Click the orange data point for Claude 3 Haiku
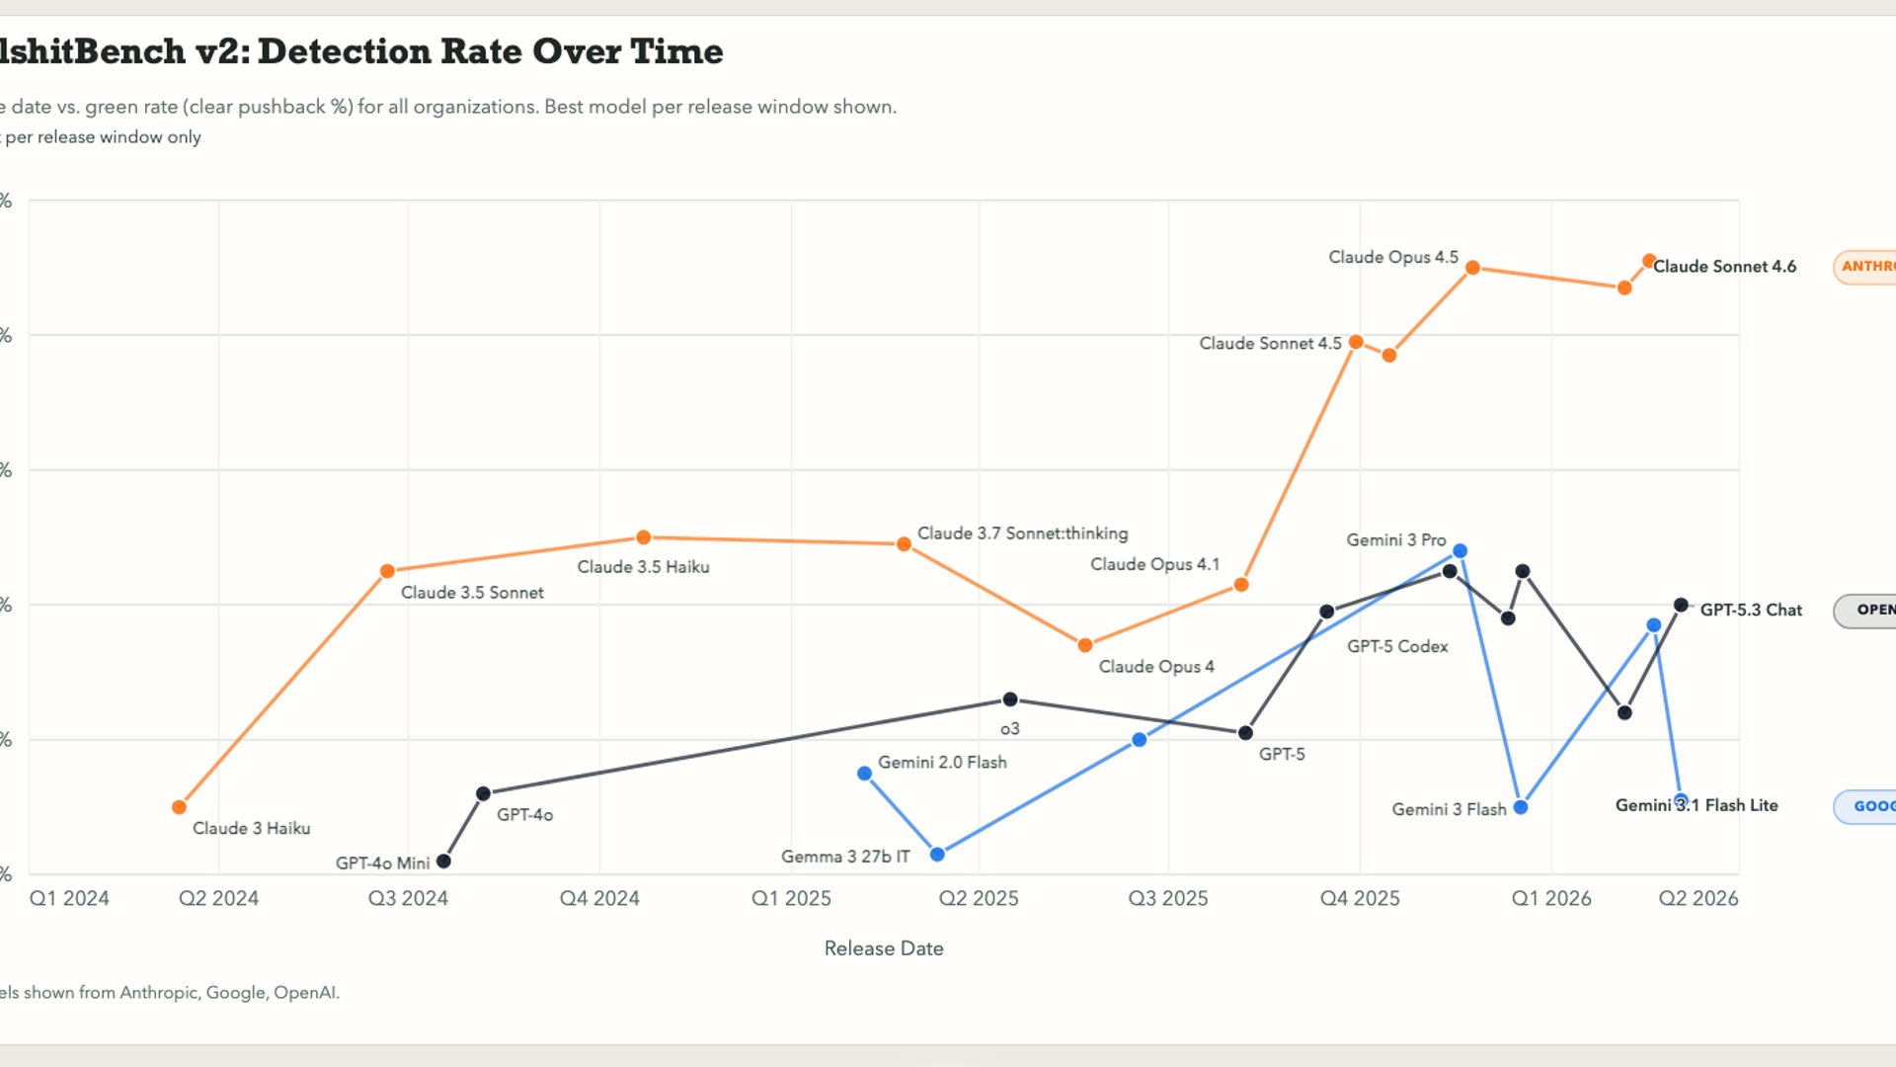point(179,807)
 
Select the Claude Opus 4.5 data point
point(1472,268)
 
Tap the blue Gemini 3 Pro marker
point(1460,550)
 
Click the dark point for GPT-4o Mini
point(443,862)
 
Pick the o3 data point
point(1010,699)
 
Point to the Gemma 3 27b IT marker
point(937,855)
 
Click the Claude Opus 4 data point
point(1085,645)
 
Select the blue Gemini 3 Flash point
point(1521,807)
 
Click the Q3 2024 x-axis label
point(408,898)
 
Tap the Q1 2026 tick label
point(1551,898)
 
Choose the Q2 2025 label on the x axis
point(979,898)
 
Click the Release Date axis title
point(884,948)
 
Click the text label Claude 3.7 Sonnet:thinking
point(1022,533)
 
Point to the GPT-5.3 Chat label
point(1751,611)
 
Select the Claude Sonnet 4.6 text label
point(1724,267)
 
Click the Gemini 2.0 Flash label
point(942,763)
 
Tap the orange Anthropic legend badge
point(1865,267)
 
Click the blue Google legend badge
point(1866,806)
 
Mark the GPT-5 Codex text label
point(1397,646)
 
